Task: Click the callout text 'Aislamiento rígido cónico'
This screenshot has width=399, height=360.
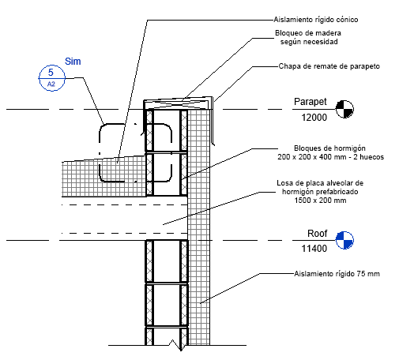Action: (x=315, y=20)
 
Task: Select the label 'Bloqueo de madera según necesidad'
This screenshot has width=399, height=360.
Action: (x=308, y=37)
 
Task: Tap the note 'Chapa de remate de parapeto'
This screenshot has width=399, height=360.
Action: (x=329, y=66)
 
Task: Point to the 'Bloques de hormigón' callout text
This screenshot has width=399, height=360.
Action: (x=329, y=148)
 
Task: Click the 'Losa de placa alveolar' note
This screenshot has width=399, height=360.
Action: (x=320, y=192)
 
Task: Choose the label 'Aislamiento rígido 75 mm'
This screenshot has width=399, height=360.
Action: (x=337, y=274)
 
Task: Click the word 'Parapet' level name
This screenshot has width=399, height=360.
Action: (x=311, y=102)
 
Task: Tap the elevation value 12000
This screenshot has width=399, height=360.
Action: (x=314, y=118)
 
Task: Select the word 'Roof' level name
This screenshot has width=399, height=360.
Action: (x=317, y=234)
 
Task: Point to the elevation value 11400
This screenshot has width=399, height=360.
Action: (x=314, y=249)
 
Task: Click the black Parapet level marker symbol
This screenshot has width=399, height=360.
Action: (x=344, y=109)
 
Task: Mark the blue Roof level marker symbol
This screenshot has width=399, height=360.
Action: (x=344, y=240)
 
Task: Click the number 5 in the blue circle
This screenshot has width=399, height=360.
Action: (x=51, y=72)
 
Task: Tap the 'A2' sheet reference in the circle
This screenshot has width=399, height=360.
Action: (x=51, y=84)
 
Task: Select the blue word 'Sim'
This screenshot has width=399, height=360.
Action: (x=73, y=62)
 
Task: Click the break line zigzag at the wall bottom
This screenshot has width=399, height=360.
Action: (x=177, y=345)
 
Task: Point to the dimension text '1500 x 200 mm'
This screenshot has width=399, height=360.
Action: (x=320, y=201)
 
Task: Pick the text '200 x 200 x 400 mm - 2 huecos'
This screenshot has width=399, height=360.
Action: (x=330, y=157)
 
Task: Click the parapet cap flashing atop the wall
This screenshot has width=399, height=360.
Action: (x=179, y=104)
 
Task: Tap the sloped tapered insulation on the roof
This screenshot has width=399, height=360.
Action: (x=104, y=176)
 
